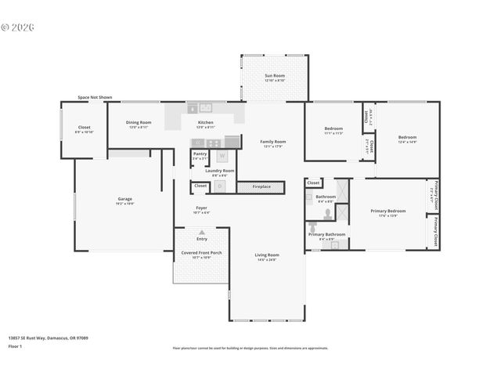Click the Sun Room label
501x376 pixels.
point(273,77)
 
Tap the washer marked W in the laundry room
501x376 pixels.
point(222,156)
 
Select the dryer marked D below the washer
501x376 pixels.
point(221,186)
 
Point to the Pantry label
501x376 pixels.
point(200,154)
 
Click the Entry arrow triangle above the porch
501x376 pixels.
point(202,232)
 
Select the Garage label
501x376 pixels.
point(124,199)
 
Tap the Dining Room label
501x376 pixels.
point(139,122)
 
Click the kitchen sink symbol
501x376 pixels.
point(205,108)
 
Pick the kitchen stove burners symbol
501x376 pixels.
point(232,142)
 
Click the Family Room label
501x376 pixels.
point(273,142)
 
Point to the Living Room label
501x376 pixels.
point(267,255)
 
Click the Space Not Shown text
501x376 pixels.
point(95,97)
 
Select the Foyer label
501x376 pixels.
point(202,208)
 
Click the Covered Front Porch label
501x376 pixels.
point(201,253)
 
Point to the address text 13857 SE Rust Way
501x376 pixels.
point(48,338)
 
